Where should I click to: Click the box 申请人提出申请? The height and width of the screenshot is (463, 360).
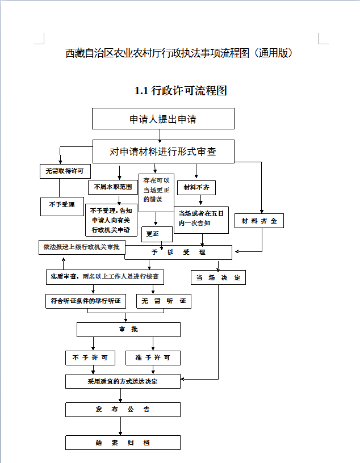pyautogui.click(x=163, y=119)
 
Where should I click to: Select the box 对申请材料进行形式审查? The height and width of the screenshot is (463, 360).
pyautogui.click(x=164, y=151)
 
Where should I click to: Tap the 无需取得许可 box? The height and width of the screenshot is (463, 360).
pyautogui.click(x=65, y=171)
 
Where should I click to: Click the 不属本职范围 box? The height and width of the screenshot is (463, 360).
pyautogui.click(x=113, y=187)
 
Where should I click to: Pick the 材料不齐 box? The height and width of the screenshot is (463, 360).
pyautogui.click(x=196, y=188)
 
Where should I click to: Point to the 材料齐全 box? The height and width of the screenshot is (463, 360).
pyautogui.click(x=259, y=221)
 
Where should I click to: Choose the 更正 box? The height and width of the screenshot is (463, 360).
pyautogui.click(x=157, y=234)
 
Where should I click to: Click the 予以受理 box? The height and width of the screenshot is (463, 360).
pyautogui.click(x=178, y=252)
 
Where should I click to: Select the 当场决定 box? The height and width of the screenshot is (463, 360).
pyautogui.click(x=218, y=277)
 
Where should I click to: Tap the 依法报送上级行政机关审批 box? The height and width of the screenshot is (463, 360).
pyautogui.click(x=82, y=247)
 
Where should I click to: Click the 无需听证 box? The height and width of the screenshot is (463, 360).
pyautogui.click(x=164, y=301)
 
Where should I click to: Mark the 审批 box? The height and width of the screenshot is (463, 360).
pyautogui.click(x=128, y=330)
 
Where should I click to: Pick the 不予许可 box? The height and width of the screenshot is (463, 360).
pyautogui.click(x=90, y=358)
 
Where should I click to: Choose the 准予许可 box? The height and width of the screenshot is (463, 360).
pyautogui.click(x=153, y=358)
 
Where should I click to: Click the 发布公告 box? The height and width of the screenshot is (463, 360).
pyautogui.click(x=123, y=410)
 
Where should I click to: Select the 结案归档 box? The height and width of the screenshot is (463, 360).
pyautogui.click(x=123, y=443)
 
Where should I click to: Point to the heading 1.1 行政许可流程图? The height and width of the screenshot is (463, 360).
pyautogui.click(x=181, y=91)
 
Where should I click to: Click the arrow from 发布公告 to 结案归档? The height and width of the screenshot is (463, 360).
pyautogui.click(x=120, y=426)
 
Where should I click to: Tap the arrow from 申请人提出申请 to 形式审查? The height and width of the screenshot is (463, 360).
pyautogui.click(x=160, y=134)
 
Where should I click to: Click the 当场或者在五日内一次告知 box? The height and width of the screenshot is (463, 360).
pyautogui.click(x=201, y=220)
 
